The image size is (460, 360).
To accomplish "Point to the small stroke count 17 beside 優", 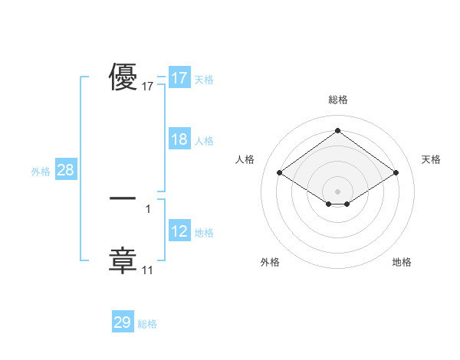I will point(148,87).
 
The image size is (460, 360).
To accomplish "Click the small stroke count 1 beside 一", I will point(148,208).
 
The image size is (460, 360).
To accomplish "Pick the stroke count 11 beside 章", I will point(148,270).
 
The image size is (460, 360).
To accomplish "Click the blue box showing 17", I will point(179,78).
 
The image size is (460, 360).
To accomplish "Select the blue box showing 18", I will point(179,139).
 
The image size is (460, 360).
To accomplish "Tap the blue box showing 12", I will point(179,231).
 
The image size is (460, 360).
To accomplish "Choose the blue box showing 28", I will point(65,170).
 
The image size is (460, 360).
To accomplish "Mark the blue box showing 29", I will point(123,322).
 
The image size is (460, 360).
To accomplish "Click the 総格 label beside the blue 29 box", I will point(147,324).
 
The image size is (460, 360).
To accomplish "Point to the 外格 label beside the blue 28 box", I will point(41,172).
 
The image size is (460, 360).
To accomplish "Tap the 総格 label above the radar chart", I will point(337,100).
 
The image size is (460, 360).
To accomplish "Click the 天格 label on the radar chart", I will point(431,159).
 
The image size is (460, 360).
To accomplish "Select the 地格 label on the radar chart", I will point(402,262).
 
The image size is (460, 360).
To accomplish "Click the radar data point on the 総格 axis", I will point(337,131).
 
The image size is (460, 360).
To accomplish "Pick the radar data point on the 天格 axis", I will point(396,173).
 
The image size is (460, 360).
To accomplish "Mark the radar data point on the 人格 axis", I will point(280,173).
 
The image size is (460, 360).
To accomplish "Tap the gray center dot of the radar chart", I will point(337,191).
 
